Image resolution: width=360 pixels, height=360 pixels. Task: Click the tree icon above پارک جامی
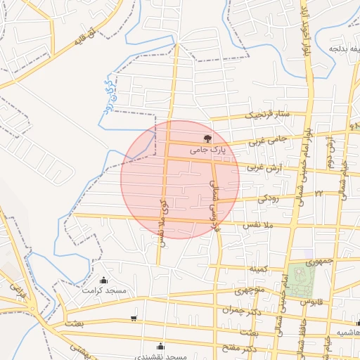[207, 139]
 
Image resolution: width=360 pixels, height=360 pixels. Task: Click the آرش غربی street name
[263, 168]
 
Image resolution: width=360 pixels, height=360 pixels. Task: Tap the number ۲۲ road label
[318, 192]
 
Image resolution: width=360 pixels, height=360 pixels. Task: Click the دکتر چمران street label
[240, 309]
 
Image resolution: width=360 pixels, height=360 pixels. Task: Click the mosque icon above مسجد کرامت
[104, 280]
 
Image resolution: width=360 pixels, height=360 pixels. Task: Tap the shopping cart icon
[134, 319]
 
